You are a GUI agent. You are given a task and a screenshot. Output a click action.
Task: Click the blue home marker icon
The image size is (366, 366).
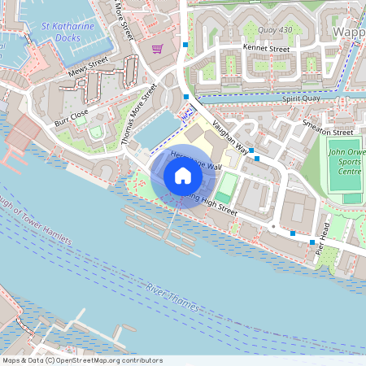(x=183, y=176)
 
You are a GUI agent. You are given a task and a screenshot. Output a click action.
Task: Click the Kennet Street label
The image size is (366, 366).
(x=266, y=50)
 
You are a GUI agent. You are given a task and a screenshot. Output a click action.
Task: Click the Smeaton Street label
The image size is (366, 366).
(x=327, y=132)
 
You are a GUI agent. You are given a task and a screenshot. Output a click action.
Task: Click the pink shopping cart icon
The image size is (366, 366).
(x=157, y=49)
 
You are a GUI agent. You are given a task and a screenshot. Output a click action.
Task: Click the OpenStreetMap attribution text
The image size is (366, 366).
(x=81, y=360)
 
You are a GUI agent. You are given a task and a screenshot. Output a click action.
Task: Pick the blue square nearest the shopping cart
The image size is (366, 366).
(x=186, y=44)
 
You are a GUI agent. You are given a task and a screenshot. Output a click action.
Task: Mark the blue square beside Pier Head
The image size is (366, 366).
(x=312, y=242)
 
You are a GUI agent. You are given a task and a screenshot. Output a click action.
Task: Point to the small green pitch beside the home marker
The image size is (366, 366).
(x=228, y=182)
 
